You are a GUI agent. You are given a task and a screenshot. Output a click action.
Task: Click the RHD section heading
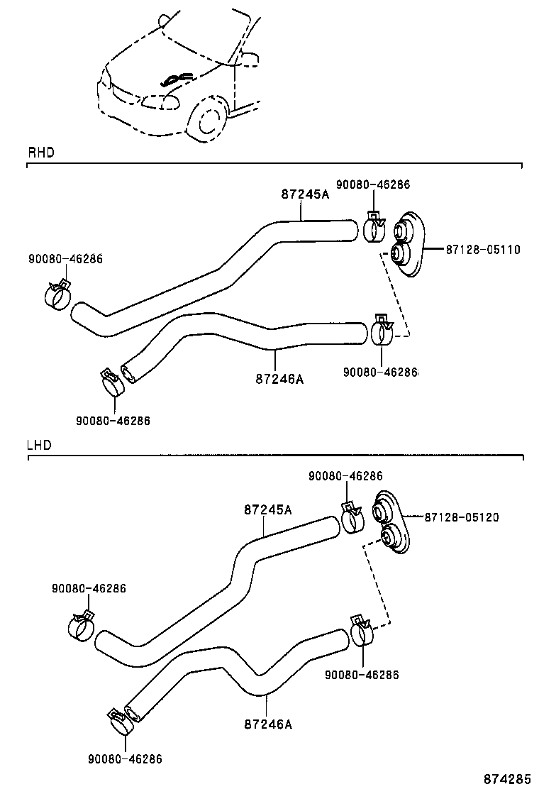pos(40,153)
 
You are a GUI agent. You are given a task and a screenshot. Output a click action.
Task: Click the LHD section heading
pos(39,446)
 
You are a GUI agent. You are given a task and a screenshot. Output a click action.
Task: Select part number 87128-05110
pos(483,250)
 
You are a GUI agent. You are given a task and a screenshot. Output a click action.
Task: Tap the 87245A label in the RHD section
pos(305,194)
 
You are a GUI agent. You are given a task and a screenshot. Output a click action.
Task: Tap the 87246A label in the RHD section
pos(279,379)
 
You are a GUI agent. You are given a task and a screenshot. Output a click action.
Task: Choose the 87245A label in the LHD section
pos(268,509)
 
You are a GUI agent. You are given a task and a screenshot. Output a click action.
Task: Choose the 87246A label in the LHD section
pos(267,724)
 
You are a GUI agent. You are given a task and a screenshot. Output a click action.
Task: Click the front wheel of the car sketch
pos(209,121)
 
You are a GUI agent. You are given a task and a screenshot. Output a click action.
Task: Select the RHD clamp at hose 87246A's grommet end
pos(382,331)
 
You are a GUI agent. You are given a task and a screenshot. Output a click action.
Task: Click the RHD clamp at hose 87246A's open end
pos(111,384)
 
